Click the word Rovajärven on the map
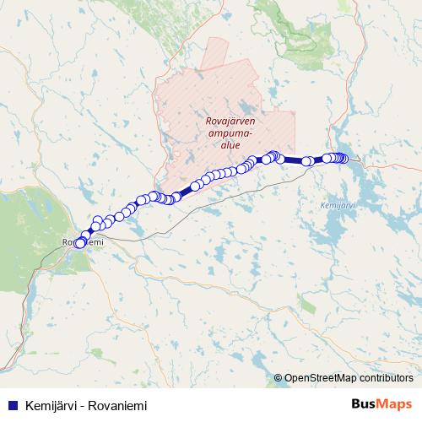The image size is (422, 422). [230, 121]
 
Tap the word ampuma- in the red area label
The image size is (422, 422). [230, 133]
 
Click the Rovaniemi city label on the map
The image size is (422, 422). [82, 243]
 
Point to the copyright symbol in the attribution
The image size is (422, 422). [279, 378]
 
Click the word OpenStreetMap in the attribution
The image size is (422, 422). [320, 378]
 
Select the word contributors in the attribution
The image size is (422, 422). [386, 378]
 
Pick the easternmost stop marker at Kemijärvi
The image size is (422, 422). [344, 159]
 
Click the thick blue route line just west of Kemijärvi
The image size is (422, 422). [295, 160]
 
